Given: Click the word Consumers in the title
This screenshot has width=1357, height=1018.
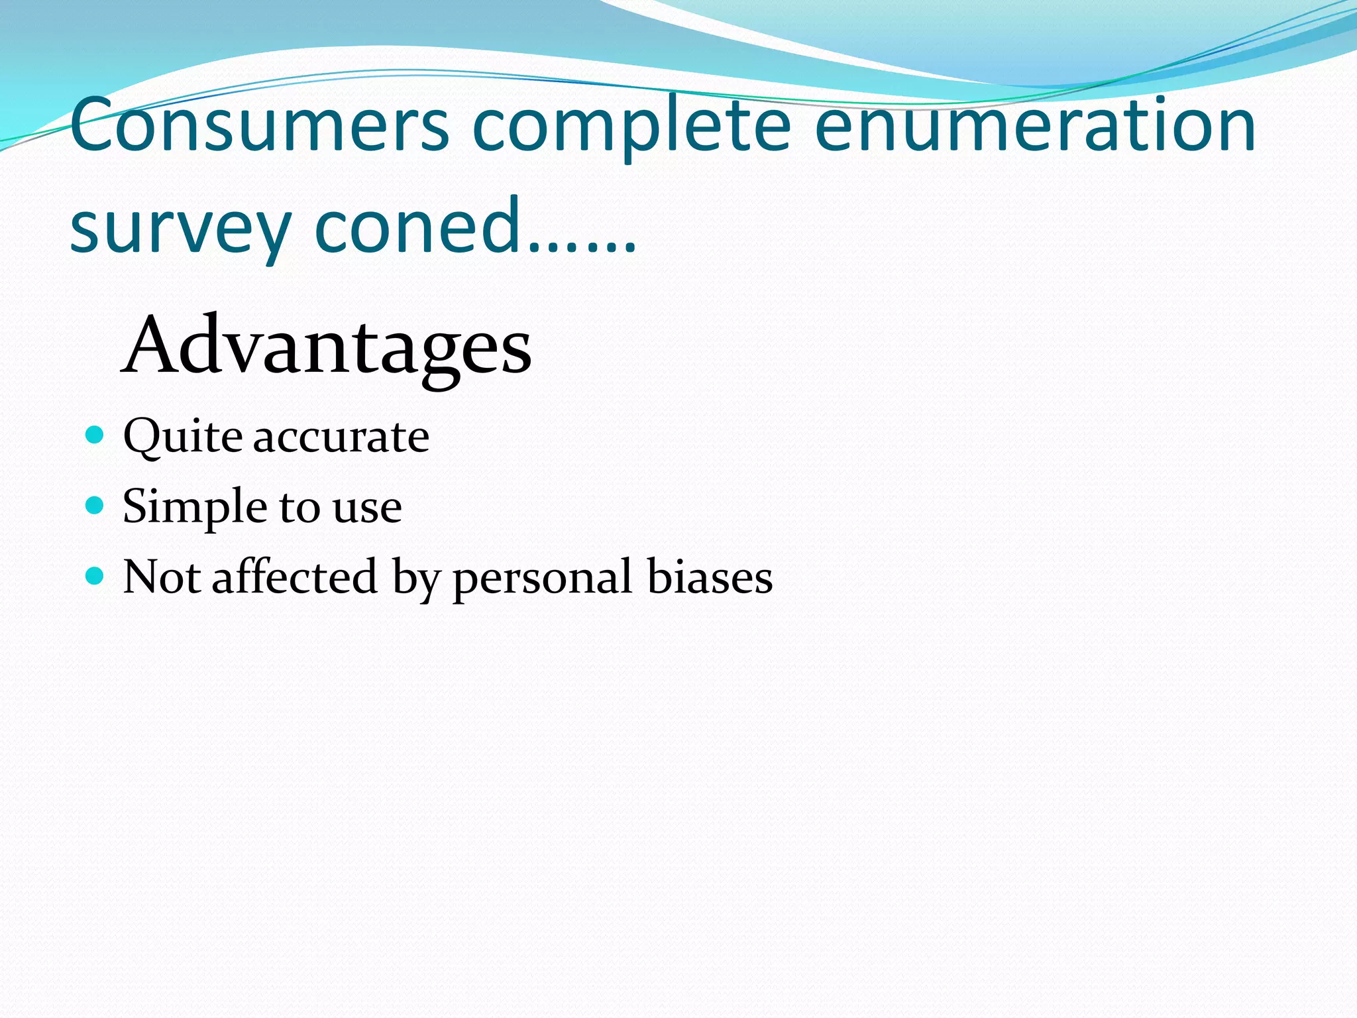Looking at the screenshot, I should (x=260, y=126).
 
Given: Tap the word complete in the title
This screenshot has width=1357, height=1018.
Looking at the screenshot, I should (x=631, y=126).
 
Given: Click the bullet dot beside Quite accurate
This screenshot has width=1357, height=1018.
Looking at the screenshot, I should (x=95, y=435).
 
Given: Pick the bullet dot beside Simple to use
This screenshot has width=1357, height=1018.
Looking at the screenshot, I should (x=95, y=506).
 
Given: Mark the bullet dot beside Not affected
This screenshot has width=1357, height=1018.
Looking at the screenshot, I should (x=95, y=575).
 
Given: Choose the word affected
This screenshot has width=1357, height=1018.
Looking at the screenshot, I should (x=294, y=576).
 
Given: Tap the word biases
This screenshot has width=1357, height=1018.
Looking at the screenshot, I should (x=710, y=576).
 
